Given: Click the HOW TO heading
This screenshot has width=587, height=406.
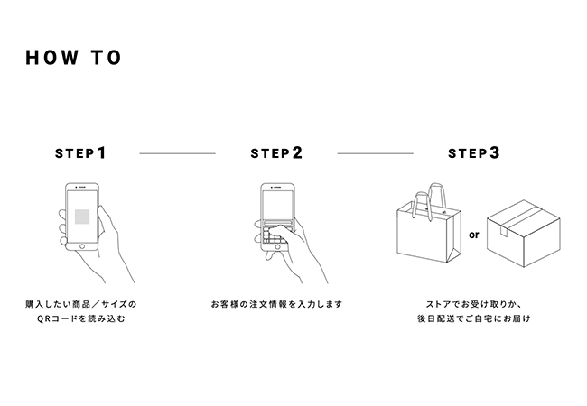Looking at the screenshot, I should [x=74, y=59].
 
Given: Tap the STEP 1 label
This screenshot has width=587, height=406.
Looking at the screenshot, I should [x=80, y=153].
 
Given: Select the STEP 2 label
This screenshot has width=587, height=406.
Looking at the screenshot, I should [x=276, y=153].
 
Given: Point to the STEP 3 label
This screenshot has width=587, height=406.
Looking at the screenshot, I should [x=473, y=153].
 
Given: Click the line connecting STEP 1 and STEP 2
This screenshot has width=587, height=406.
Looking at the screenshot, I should [x=177, y=154].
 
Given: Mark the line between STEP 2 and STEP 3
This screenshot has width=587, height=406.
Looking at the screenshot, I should [x=375, y=154].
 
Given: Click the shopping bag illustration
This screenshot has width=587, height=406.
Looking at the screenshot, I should [x=426, y=230].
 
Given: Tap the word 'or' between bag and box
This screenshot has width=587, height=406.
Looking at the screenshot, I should [x=472, y=235].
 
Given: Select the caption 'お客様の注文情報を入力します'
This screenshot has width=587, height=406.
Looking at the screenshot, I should [x=276, y=304].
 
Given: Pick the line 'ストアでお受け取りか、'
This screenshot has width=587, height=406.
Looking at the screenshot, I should [x=473, y=304].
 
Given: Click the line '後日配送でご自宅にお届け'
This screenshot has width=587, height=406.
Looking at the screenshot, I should [x=473, y=319].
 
